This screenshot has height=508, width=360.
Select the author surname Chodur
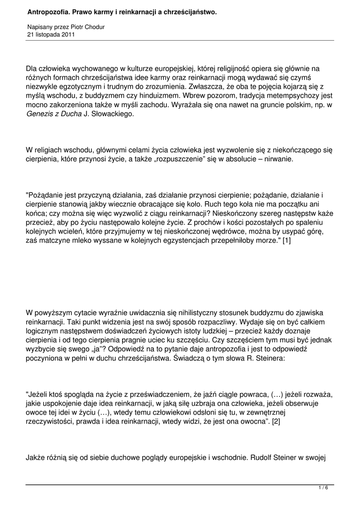(x=92, y=27)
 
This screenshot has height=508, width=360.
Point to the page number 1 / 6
(x=323, y=488)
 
